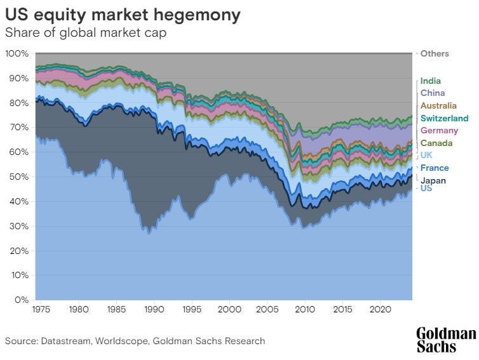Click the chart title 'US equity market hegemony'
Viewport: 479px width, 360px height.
123,15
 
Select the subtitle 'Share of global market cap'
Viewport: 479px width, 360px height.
86,32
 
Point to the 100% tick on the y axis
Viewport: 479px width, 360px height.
17,54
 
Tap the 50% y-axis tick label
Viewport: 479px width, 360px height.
18,177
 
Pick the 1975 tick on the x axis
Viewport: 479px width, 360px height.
41,311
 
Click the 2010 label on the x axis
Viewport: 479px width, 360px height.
305,311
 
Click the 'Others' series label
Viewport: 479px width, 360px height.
435,54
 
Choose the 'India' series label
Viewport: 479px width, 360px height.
430,81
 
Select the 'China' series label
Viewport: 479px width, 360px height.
432,93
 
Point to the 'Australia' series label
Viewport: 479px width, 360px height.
438,105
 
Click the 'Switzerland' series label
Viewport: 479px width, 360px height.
444,118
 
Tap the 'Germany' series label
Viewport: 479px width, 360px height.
439,130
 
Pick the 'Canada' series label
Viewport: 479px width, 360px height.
436,143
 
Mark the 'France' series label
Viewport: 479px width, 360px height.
435,168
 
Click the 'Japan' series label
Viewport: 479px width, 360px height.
433,180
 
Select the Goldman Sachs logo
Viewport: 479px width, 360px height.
445,340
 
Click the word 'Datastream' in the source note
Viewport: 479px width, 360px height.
69,341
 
